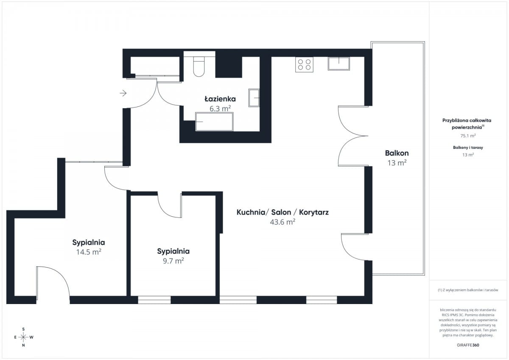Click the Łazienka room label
(220, 99)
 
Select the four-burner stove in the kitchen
(304, 64)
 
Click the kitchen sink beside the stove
(338, 63)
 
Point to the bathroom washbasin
(254, 98)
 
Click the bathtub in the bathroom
(214, 122)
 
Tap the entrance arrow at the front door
(123, 93)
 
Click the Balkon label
(397, 153)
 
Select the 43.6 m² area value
(282, 222)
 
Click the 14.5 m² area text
(89, 252)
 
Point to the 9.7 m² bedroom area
(173, 261)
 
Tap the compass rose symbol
(23, 337)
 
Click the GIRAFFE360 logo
(468, 345)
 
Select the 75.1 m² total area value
(468, 136)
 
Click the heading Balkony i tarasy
(468, 148)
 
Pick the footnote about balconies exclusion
(468, 290)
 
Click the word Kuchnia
(251, 212)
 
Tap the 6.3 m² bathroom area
(220, 109)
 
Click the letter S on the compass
(23, 329)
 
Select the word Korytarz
(314, 212)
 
